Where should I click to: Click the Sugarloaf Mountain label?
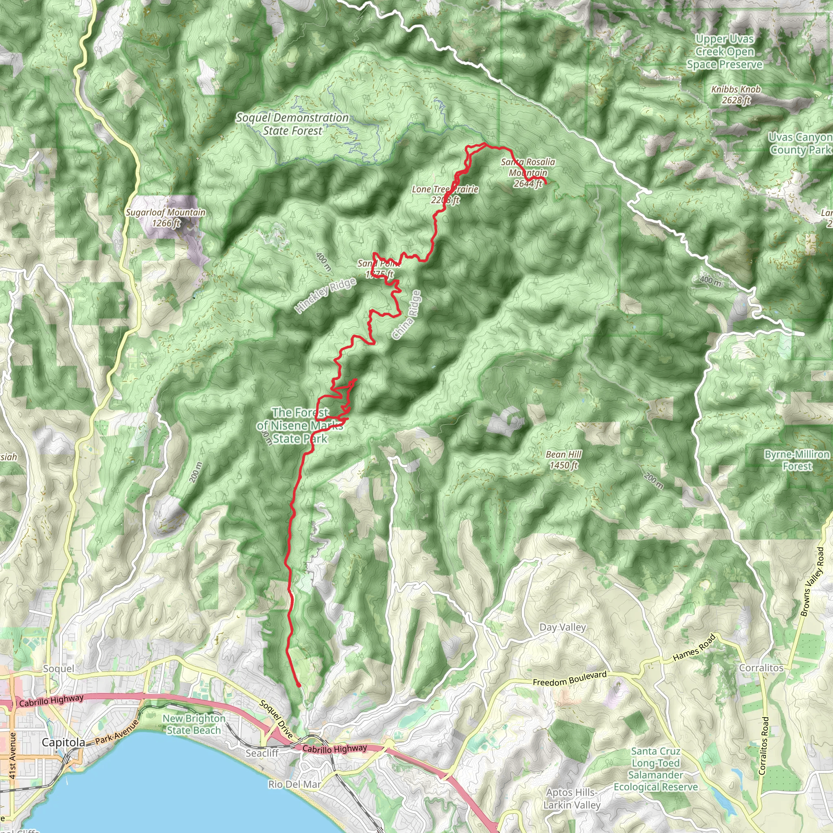166,217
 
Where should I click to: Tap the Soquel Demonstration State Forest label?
292,124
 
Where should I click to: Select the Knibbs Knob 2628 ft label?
735,95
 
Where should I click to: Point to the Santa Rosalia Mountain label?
528,172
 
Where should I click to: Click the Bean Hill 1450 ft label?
563,460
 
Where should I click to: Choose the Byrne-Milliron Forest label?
797,460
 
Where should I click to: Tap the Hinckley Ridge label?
326,295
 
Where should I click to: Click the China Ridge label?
407,315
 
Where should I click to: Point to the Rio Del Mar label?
294,784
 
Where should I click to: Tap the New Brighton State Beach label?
194,724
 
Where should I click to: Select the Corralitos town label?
761,668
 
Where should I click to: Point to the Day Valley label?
563,627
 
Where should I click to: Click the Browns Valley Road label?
812,582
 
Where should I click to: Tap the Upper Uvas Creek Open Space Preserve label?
725,52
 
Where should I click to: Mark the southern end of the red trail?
299,685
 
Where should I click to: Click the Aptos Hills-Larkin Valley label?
572,798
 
